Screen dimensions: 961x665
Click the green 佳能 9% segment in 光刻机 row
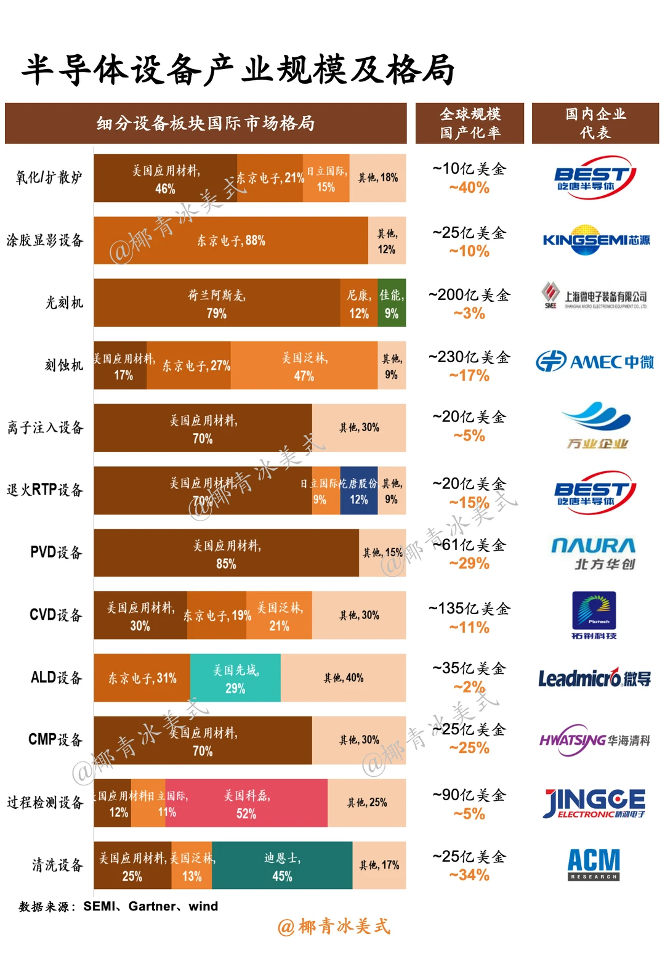(392, 303)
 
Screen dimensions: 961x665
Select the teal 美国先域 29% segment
(235, 678)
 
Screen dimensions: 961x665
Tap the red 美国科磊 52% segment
(247, 803)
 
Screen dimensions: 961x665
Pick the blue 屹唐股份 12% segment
(358, 491)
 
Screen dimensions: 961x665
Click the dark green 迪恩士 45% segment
(282, 866)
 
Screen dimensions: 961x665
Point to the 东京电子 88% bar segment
(231, 241)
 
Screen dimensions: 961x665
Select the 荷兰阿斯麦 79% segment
(217, 303)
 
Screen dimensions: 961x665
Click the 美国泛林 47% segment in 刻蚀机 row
(304, 366)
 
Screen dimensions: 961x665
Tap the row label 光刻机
(64, 302)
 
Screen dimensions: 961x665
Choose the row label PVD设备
(56, 553)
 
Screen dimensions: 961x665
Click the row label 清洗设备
(57, 865)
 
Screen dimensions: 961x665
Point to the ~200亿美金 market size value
(469, 295)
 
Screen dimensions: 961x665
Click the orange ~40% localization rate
(469, 188)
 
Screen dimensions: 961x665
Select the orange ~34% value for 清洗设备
(469, 875)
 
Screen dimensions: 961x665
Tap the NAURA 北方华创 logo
(594, 553)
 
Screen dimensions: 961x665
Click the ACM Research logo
(594, 864)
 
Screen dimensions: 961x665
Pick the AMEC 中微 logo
(594, 362)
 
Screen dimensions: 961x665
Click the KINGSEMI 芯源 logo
(595, 240)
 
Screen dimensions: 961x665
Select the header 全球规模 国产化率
(470, 123)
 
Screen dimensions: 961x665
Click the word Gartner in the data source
(152, 906)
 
